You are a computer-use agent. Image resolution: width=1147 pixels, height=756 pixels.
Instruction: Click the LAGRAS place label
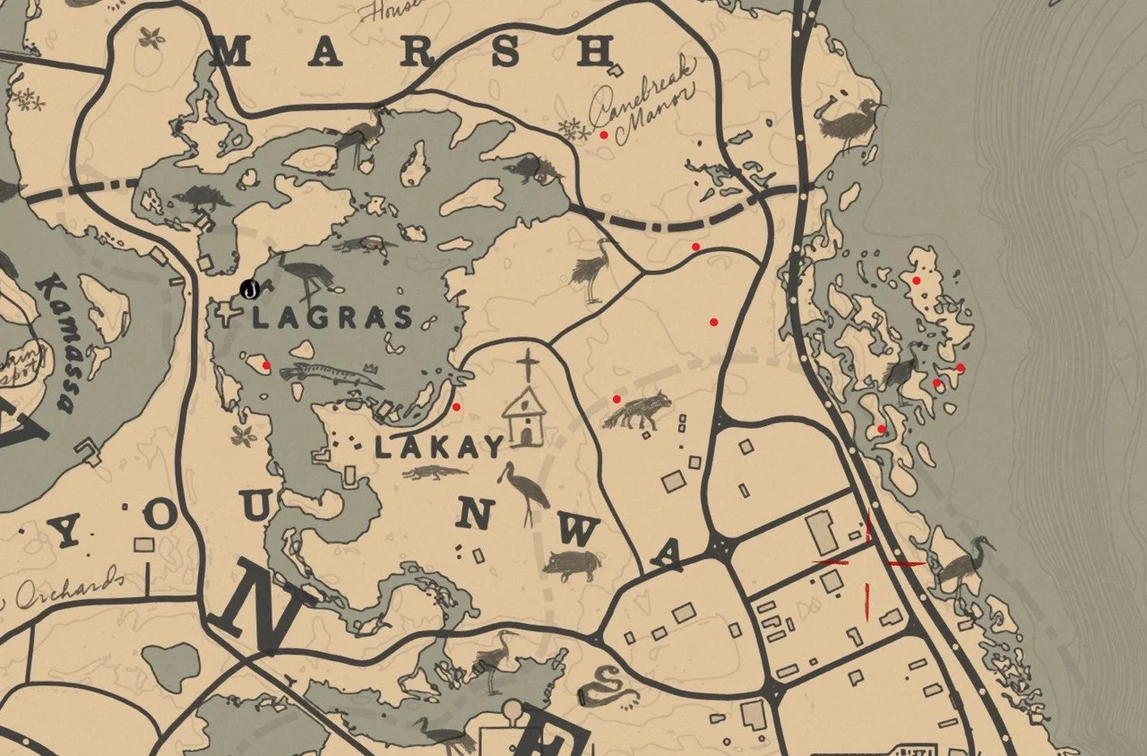pyautogui.click(x=333, y=317)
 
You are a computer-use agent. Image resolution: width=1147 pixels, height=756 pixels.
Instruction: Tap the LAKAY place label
pyautogui.click(x=439, y=447)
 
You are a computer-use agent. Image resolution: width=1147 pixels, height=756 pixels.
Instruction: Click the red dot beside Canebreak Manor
pyautogui.click(x=604, y=135)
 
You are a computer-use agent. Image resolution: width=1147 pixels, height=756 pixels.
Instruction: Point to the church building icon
pyautogui.click(x=524, y=417)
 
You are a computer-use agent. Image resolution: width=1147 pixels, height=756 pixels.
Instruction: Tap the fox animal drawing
pyautogui.click(x=638, y=412)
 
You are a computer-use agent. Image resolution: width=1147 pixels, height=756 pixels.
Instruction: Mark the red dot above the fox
pyautogui.click(x=617, y=399)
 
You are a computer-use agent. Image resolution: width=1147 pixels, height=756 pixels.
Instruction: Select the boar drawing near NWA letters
pyautogui.click(x=570, y=564)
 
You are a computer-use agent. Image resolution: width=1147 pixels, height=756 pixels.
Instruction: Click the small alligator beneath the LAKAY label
pyautogui.click(x=436, y=473)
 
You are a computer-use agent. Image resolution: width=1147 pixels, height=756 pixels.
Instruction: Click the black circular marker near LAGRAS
pyautogui.click(x=251, y=289)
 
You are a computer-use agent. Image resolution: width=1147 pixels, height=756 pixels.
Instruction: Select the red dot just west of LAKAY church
pyautogui.click(x=456, y=407)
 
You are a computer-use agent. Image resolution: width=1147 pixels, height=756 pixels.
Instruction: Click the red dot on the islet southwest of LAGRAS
pyautogui.click(x=266, y=365)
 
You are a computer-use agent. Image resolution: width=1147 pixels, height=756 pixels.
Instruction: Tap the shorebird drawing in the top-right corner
pyautogui.click(x=851, y=122)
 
